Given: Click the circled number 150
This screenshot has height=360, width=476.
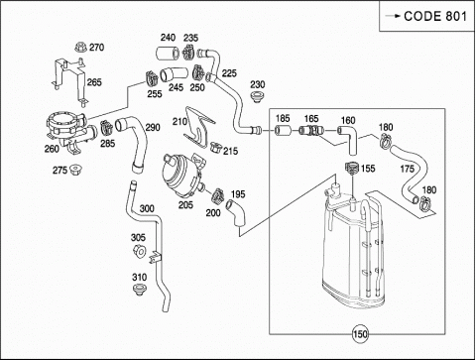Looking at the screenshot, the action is pos(360,334).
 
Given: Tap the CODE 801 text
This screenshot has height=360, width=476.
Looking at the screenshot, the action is pos(435,16).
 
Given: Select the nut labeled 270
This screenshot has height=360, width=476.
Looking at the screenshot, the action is pos(79,48).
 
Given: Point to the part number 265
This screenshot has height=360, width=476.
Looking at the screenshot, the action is pos(94,82).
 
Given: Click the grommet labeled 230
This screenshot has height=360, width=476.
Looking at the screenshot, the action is pos(257,97).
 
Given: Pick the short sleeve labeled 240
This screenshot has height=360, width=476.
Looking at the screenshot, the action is pos(167,54).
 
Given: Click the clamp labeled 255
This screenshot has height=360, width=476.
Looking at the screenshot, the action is pos(152,78).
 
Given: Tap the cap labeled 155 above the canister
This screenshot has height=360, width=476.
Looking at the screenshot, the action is pos(352,168).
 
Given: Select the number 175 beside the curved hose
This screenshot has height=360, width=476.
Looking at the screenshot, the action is pos(407,169).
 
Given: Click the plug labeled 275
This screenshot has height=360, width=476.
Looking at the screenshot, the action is pos(75,170).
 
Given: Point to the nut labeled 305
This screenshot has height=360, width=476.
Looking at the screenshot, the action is pos(140,251).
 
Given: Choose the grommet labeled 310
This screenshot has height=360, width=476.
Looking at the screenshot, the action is pos(140,290).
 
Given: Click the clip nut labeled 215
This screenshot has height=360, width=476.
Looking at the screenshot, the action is pos(215,147).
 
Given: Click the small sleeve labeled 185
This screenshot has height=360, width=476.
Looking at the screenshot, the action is pos(283,131).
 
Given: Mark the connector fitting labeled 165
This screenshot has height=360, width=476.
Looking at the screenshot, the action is pos(310,130).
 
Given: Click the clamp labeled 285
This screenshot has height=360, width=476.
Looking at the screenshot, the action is pos(106,128).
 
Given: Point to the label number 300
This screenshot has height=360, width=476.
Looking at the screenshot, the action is pos(147,208).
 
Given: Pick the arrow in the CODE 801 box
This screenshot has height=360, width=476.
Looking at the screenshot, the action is pos(393,16).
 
